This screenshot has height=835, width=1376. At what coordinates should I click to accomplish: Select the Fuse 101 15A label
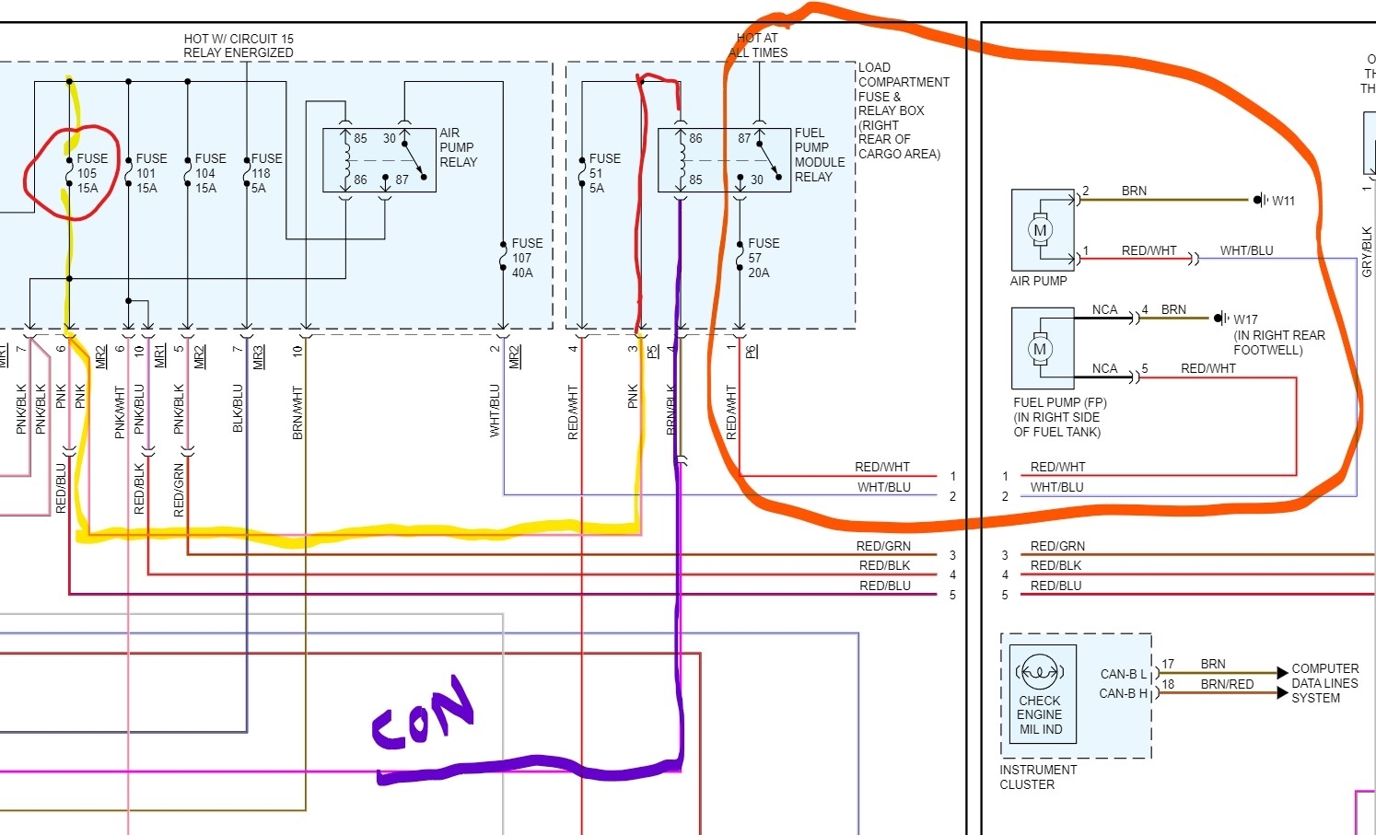(150, 173)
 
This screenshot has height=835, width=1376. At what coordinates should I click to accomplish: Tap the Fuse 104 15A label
(209, 173)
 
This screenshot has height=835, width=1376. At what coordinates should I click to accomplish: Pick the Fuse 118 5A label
(266, 173)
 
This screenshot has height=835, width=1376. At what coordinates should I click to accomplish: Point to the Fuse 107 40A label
(527, 258)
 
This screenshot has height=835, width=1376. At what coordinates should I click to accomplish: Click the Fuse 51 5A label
(603, 173)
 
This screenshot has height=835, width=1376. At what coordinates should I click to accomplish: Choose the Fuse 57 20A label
(763, 258)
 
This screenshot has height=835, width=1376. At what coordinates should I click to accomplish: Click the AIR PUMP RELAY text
(458, 147)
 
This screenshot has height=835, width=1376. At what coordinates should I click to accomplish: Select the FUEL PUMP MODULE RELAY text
(818, 155)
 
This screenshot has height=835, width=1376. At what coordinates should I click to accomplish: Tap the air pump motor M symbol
(1040, 230)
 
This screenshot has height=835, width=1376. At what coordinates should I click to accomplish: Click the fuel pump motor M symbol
(1040, 349)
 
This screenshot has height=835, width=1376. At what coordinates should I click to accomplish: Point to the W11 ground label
(1283, 201)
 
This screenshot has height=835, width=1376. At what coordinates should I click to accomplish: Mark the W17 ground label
(1245, 319)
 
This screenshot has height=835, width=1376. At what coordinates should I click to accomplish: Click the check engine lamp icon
(1039, 671)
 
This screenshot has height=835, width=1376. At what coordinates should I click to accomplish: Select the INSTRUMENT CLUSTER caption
(1037, 777)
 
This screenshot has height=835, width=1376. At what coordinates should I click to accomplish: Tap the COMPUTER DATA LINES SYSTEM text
(1324, 683)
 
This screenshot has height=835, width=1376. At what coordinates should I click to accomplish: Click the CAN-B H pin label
(1123, 693)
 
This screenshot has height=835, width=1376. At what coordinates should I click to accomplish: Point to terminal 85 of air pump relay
(360, 138)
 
